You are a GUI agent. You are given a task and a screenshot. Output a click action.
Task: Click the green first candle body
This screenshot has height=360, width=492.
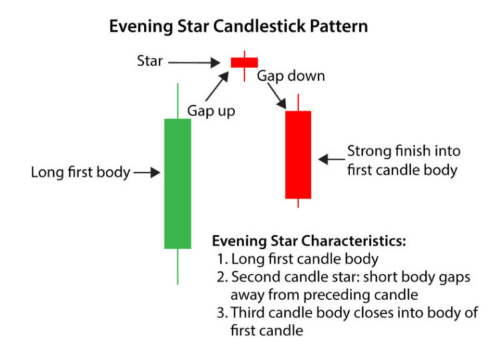pos(178,183)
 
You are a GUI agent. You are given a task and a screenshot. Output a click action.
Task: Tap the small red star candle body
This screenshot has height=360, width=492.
pos(244,62)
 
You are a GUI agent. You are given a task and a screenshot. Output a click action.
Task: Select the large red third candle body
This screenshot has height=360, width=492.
pos(298,155)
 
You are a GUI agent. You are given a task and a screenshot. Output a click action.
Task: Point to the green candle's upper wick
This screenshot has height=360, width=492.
pos(178,101)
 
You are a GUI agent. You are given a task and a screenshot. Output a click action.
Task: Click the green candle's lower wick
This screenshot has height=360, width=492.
pos(178,266)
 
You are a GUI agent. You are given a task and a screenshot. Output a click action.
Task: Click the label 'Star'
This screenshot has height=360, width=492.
pos(150,61)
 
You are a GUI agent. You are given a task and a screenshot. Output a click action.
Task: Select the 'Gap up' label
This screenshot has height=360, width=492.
pos(211,111)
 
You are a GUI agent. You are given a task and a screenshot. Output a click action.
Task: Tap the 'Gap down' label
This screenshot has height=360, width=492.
pos(291,75)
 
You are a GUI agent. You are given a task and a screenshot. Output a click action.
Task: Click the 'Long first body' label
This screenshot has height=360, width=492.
pos(80,172)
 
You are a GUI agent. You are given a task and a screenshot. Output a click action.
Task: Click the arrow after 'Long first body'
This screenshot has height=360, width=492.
pos(148,173)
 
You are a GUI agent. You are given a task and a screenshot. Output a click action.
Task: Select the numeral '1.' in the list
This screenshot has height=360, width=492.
pos(222,257)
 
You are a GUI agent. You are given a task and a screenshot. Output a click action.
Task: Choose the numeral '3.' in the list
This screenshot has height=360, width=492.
pos(222,312)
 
